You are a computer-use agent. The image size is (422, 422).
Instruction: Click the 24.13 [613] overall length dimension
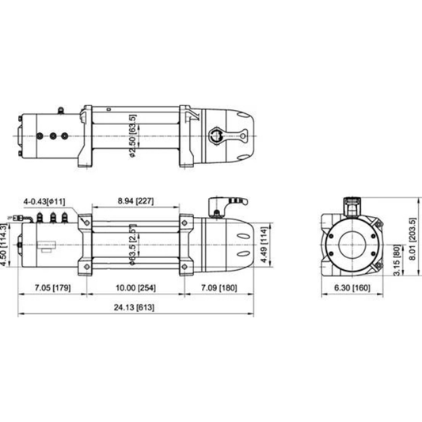[134, 307]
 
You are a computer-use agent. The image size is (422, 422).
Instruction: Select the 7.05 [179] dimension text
[53, 287]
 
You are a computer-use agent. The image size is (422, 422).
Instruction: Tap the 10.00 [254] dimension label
[135, 287]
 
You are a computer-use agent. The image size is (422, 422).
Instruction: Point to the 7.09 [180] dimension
[219, 287]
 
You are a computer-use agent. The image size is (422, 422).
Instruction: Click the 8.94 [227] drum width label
[135, 201]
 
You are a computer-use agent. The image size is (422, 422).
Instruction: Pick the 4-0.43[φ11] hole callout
[44, 201]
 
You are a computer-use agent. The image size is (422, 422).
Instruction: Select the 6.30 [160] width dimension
[352, 287]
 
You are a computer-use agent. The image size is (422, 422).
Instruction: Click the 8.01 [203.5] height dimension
[412, 239]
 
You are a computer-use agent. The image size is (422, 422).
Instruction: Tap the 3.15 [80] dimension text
[397, 260]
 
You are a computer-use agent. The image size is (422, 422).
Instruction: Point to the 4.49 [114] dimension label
[264, 245]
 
